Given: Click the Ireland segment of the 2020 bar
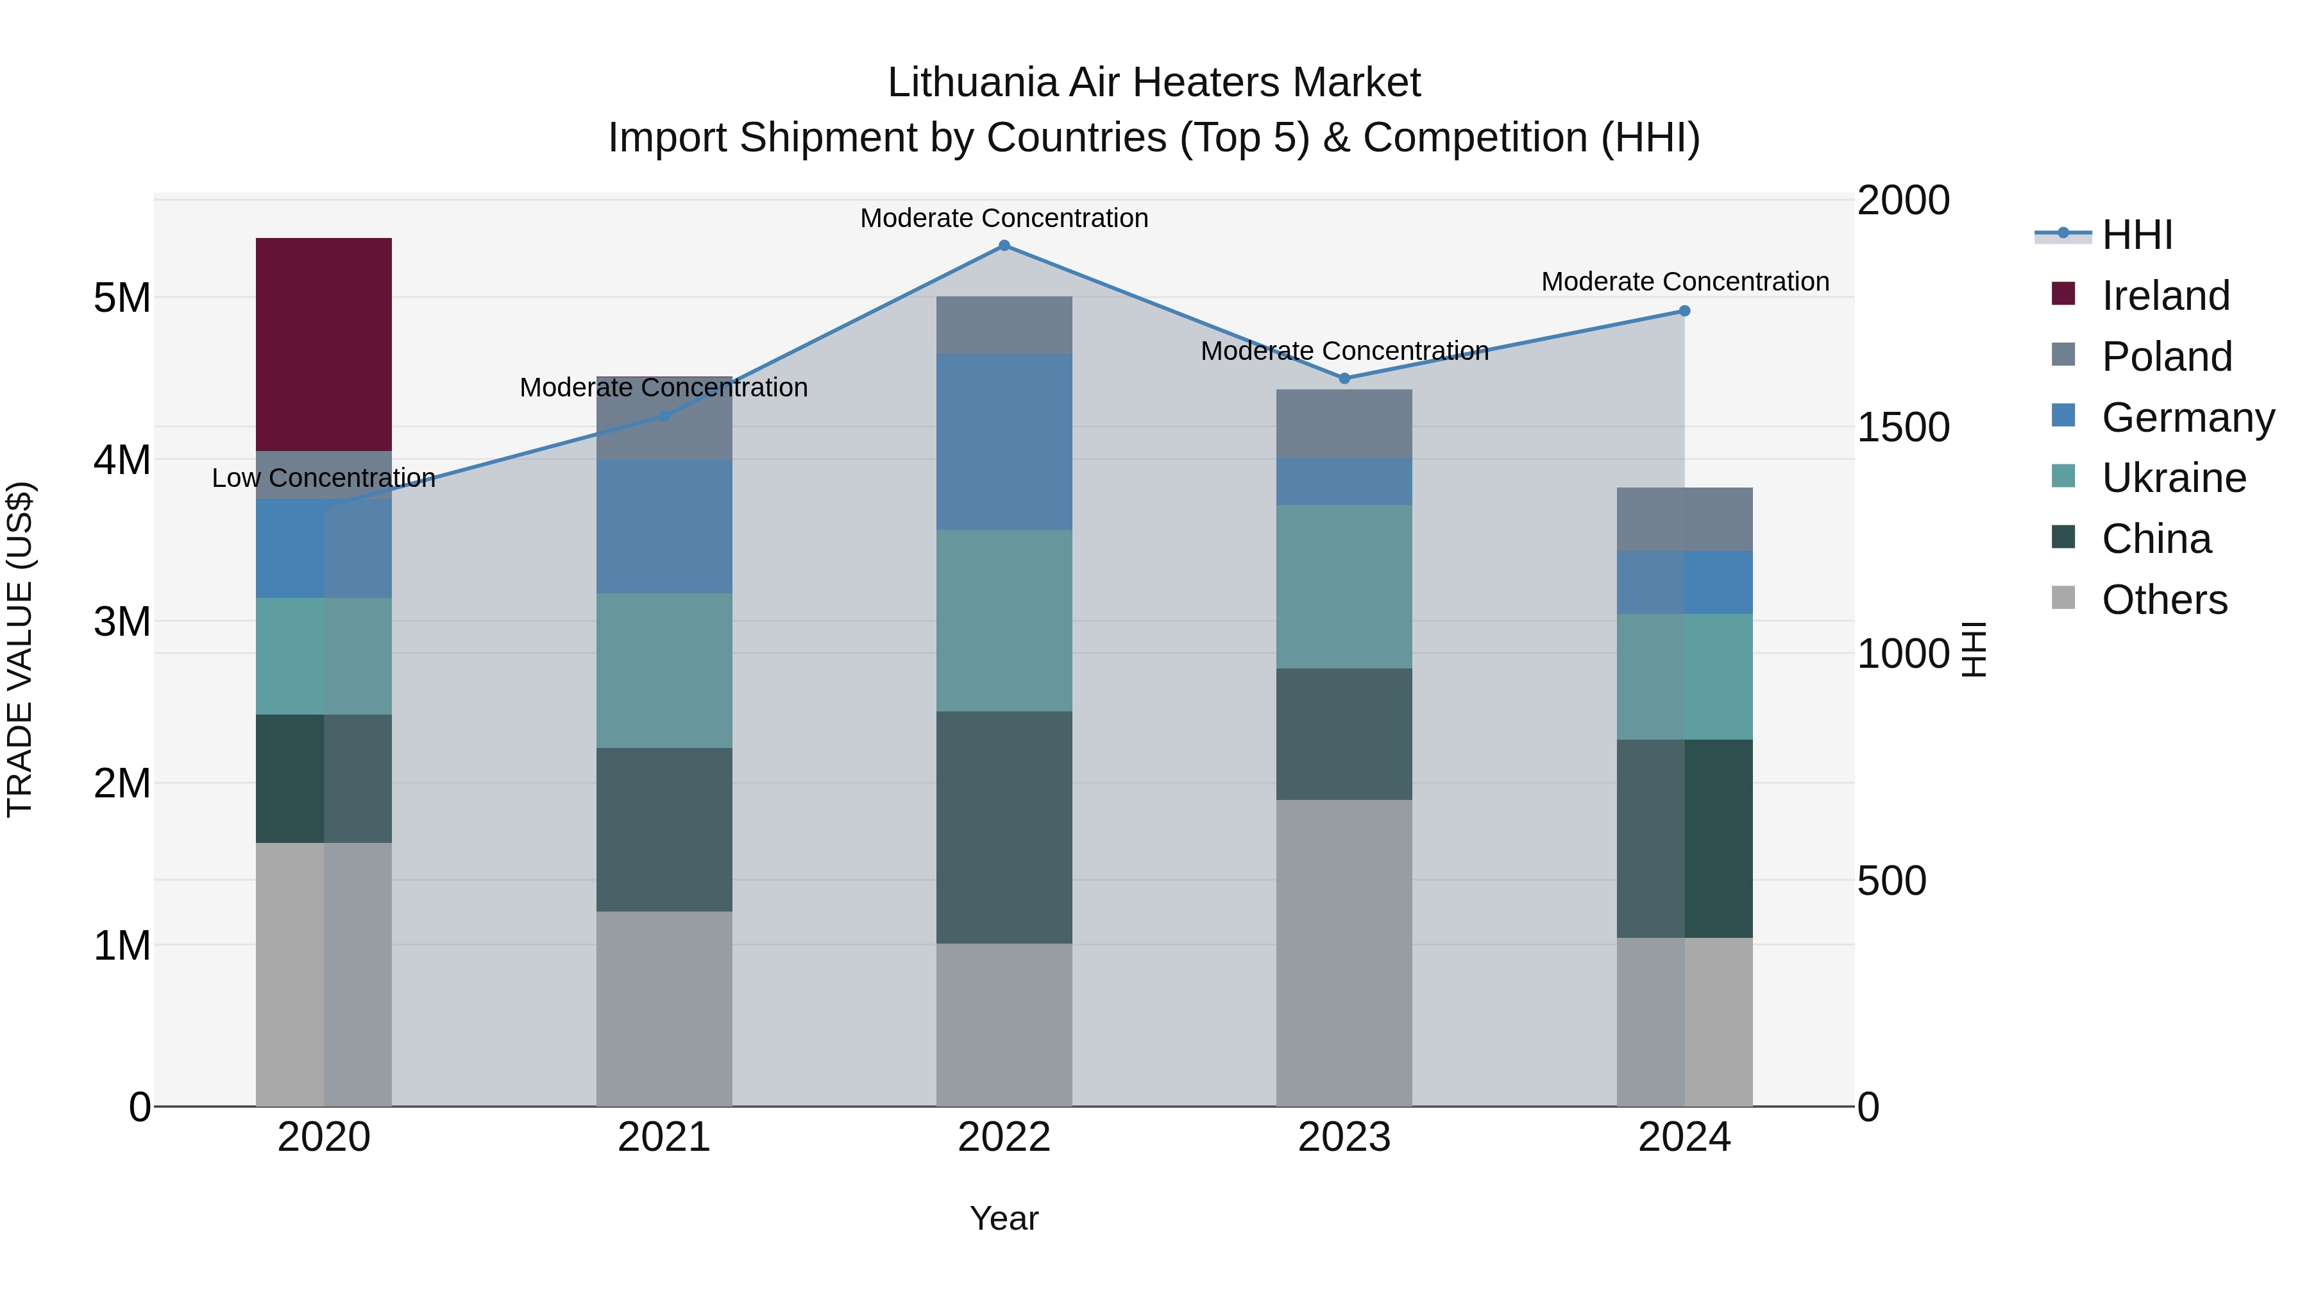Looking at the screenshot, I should click(324, 344).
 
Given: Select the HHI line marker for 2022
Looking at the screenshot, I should click(1004, 246).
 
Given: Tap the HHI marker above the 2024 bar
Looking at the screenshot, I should click(1684, 311).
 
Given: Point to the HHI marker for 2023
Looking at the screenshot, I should click(1344, 378).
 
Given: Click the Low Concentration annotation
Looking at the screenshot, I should click(324, 479).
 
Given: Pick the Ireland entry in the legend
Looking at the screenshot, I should click(2165, 296).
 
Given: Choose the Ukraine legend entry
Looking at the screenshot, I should click(2174, 479).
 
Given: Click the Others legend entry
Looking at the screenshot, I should click(2164, 600).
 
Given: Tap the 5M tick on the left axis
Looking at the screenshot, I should click(123, 298).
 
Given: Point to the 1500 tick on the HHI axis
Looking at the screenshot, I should click(1902, 428).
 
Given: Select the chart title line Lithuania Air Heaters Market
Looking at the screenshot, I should click(1154, 83).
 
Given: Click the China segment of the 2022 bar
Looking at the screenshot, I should click(1004, 827).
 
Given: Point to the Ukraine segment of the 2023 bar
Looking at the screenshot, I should click(1344, 586).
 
